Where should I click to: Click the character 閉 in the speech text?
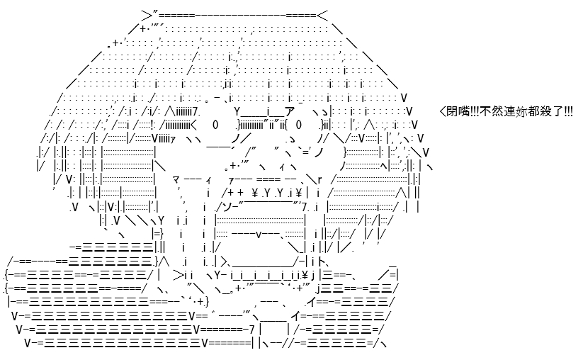click(x=452, y=111)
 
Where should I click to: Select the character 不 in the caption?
click(x=485, y=111)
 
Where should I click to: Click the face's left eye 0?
click(x=215, y=125)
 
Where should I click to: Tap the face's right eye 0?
click(x=300, y=125)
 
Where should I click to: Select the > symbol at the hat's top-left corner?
click(x=147, y=16)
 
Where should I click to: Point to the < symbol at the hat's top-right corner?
click(x=322, y=16)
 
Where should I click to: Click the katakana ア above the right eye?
click(x=289, y=111)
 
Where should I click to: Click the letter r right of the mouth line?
click(x=319, y=180)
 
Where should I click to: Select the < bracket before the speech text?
click(x=443, y=111)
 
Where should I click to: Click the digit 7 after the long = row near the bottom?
click(x=251, y=330)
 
